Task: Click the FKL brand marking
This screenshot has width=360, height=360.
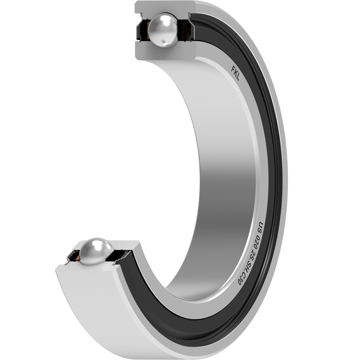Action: click(x=235, y=73)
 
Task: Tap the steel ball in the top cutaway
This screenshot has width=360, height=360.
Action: click(x=163, y=30)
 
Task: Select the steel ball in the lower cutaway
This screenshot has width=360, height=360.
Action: click(x=96, y=251)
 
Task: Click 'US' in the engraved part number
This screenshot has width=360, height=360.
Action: click(x=261, y=228)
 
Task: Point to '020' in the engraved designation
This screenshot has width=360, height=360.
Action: click(x=257, y=243)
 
